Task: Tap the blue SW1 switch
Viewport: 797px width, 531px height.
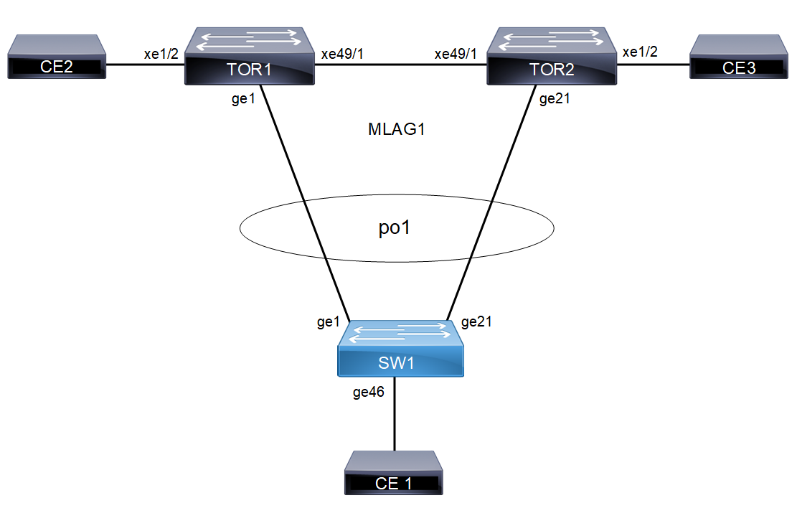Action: click(x=402, y=352)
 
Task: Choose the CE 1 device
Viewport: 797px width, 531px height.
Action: click(x=394, y=474)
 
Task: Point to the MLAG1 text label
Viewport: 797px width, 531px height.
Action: click(x=392, y=130)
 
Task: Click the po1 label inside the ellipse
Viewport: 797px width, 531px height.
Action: click(x=395, y=229)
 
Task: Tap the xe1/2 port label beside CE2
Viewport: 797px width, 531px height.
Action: click(x=159, y=55)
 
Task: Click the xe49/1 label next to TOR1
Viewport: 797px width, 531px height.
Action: click(x=342, y=55)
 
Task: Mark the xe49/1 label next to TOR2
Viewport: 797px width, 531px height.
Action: click(x=456, y=55)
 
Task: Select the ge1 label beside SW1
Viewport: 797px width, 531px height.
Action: click(x=328, y=323)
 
